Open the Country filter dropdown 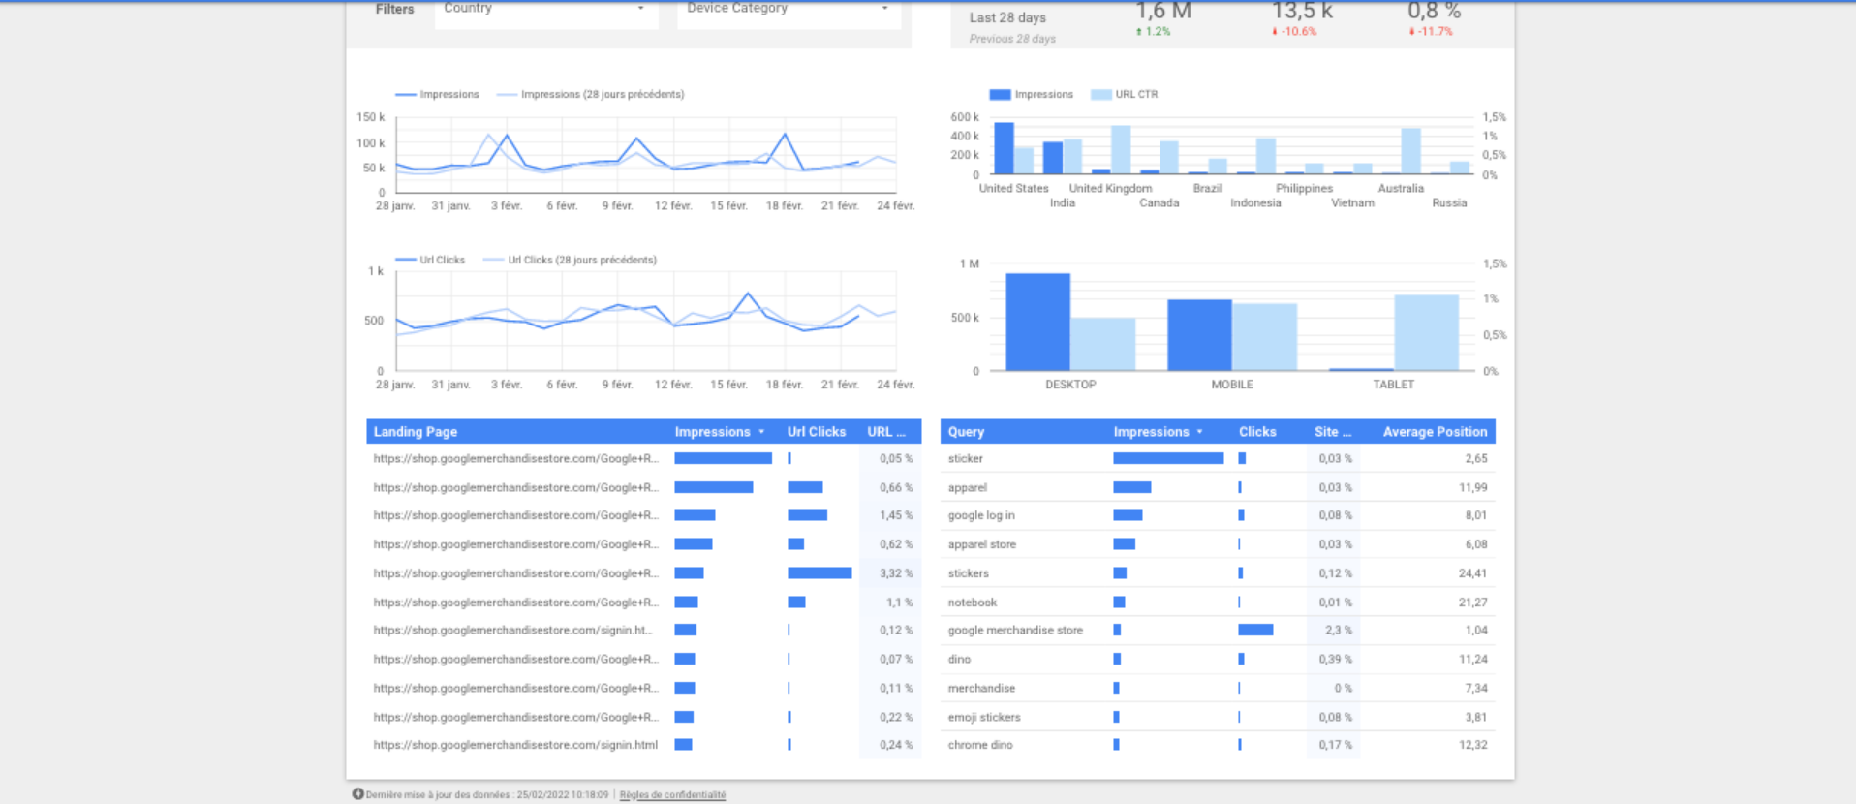(x=546, y=9)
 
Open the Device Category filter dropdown (x=789, y=9)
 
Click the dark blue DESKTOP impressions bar (x=1037, y=322)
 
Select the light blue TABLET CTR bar (x=1426, y=332)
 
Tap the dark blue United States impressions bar (x=1004, y=148)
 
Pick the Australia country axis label (x=1401, y=188)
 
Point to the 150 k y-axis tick (x=370, y=117)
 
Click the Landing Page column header (x=416, y=432)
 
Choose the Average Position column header (x=1434, y=432)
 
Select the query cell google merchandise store (x=1015, y=630)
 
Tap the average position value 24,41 (x=1472, y=573)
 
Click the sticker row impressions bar (x=1167, y=458)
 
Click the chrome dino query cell (x=980, y=745)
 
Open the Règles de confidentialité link (x=672, y=794)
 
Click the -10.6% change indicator (x=1296, y=32)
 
